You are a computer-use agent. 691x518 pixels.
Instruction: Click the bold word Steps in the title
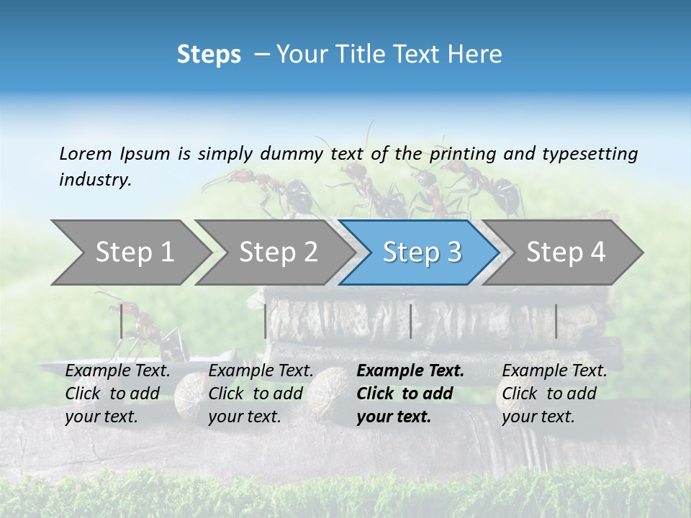[x=209, y=55]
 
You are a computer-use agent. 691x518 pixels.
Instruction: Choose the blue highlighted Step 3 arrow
[x=419, y=253]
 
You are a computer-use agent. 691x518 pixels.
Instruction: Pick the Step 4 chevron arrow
[x=564, y=253]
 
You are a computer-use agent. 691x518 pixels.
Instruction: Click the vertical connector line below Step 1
[x=122, y=321]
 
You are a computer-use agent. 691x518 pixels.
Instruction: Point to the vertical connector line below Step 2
[x=266, y=321]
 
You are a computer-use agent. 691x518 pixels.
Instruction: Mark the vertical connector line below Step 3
[x=410, y=321]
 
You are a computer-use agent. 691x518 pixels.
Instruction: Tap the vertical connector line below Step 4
[x=556, y=321]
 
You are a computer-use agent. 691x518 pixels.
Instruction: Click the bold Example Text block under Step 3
[x=410, y=394]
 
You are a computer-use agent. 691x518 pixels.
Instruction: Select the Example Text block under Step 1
[x=117, y=394]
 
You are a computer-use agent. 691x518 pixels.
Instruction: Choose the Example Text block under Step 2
[x=261, y=394]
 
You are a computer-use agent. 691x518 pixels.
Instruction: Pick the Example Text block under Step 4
[x=554, y=394]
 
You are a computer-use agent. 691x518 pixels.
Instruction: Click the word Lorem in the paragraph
[x=86, y=153]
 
